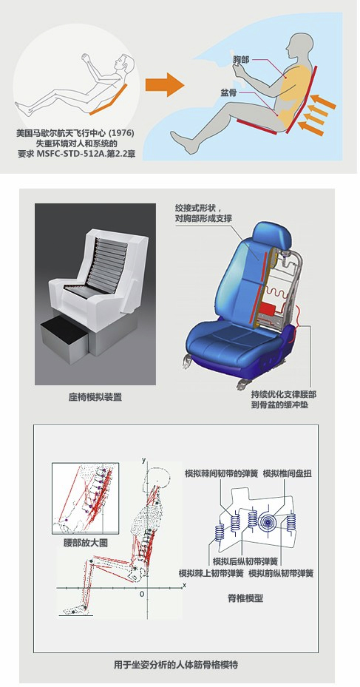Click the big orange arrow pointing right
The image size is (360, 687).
pyautogui.click(x=164, y=84)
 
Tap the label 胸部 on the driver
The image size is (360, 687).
pyautogui.click(x=241, y=59)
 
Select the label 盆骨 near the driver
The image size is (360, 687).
pyautogui.click(x=229, y=93)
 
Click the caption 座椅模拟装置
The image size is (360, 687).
pyautogui.click(x=95, y=397)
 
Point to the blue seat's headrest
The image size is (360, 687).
pyautogui.click(x=273, y=235)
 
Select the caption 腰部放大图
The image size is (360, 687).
pyautogui.click(x=86, y=543)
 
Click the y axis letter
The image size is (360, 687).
pyautogui.click(x=143, y=460)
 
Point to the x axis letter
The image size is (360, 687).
pyautogui.click(x=184, y=584)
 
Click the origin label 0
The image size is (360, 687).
pyautogui.click(x=142, y=595)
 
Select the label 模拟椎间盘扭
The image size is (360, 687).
pyautogui.click(x=288, y=473)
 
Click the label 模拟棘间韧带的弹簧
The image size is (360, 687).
pyautogui.click(x=222, y=473)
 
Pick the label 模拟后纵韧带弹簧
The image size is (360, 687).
pyautogui.click(x=245, y=561)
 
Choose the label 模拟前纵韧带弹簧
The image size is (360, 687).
pyautogui.click(x=281, y=573)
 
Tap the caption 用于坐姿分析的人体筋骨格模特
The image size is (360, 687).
pyautogui.click(x=176, y=665)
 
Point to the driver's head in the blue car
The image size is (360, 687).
pyautogui.click(x=299, y=47)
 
